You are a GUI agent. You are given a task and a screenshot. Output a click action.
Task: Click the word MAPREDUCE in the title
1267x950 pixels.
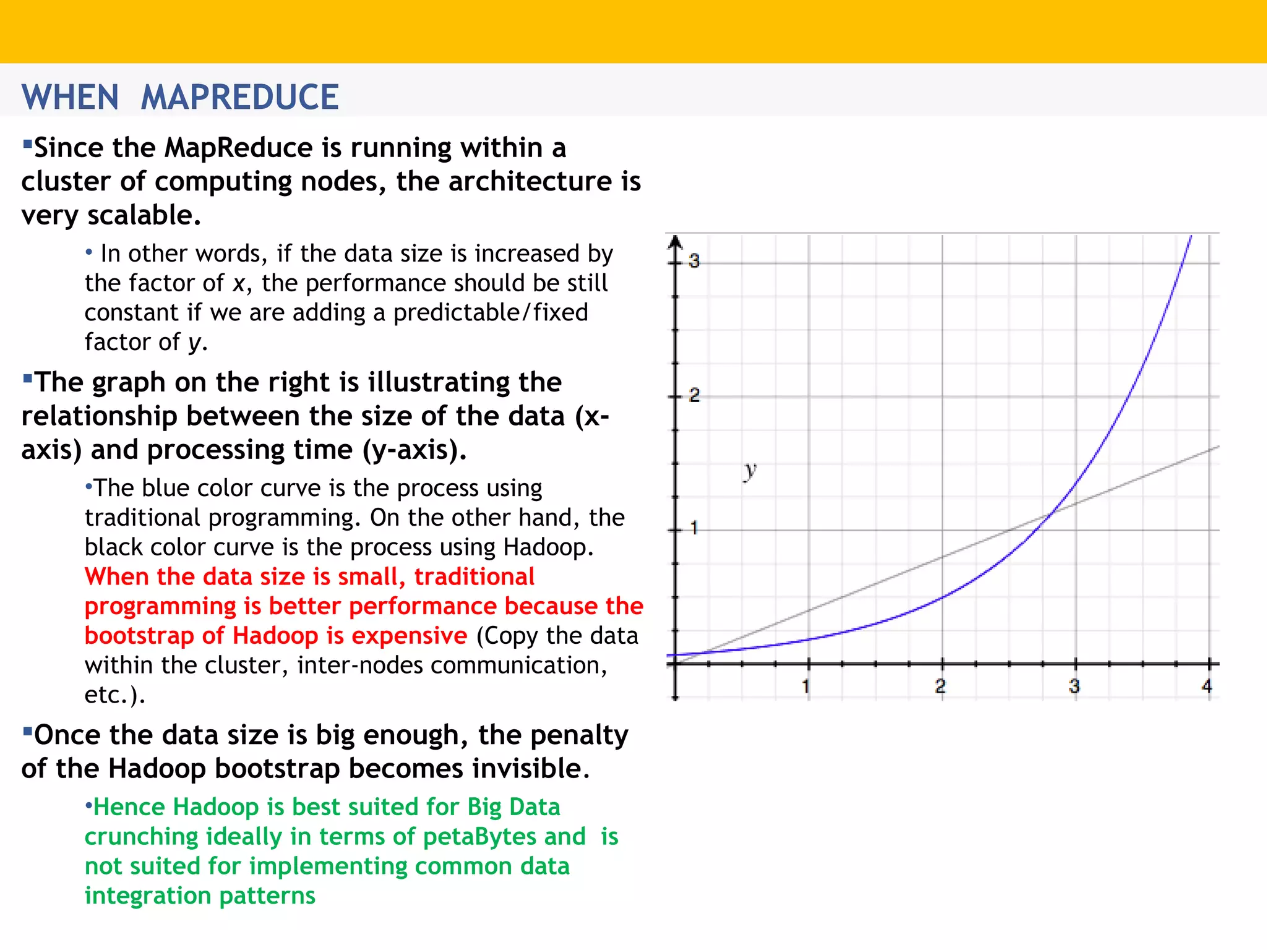pos(239,97)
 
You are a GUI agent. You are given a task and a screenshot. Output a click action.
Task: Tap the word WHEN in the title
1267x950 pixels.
pos(70,97)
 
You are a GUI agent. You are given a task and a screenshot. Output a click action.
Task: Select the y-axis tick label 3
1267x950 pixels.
pos(694,261)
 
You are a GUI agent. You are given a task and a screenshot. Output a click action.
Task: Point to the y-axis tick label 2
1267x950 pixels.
pos(694,395)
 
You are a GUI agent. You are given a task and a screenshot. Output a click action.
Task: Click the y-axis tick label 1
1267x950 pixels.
pos(694,528)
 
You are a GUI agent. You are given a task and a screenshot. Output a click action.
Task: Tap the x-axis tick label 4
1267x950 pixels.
pos(1206,686)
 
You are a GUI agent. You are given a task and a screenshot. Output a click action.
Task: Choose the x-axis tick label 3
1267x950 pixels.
pos(1074,686)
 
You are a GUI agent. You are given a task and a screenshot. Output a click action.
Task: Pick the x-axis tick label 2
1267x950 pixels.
pos(940,686)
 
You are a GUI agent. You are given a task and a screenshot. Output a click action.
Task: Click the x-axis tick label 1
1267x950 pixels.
pos(806,686)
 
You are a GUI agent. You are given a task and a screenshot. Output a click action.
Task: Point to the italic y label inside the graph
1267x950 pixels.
pos(750,471)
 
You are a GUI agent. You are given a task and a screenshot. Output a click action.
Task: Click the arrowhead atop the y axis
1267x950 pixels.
pos(676,242)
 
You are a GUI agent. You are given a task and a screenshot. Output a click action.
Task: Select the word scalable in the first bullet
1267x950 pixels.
pos(144,215)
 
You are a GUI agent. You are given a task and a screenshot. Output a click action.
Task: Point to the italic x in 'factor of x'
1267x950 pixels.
pos(239,284)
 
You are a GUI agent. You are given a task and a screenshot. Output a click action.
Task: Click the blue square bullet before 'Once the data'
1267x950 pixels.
pos(27,731)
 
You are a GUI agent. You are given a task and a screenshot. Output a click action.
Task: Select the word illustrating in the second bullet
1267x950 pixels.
pos(439,382)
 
